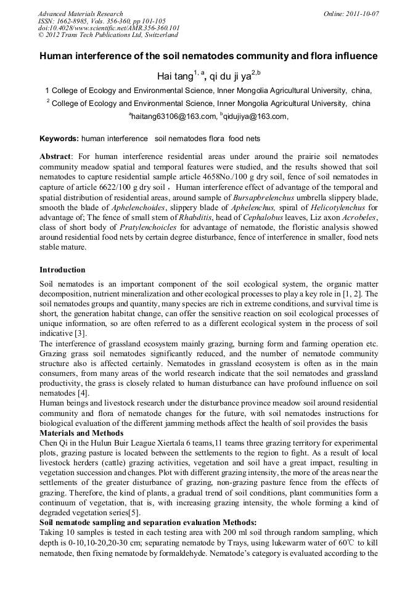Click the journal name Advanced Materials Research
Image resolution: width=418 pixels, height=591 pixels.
pos(81,14)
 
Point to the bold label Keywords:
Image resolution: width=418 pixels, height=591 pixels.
pos(59,139)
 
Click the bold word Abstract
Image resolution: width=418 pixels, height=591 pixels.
pos(55,157)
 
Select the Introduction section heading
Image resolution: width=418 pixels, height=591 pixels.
pos(62,270)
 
